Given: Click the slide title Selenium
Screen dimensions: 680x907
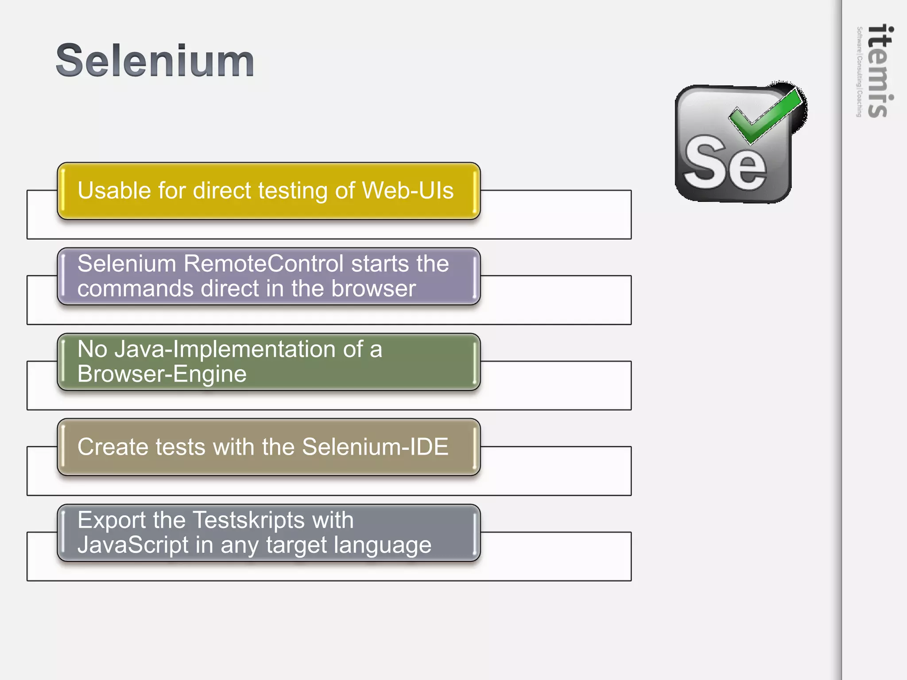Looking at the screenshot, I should tap(155, 61).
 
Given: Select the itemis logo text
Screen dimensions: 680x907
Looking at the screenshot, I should tap(880, 71).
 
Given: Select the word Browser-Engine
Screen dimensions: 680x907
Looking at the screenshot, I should tap(162, 374).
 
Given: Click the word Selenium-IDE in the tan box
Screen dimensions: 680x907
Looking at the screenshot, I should tap(375, 447).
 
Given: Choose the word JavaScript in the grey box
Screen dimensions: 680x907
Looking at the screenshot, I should tap(133, 545).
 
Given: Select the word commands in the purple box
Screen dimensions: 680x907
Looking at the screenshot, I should tap(136, 289).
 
